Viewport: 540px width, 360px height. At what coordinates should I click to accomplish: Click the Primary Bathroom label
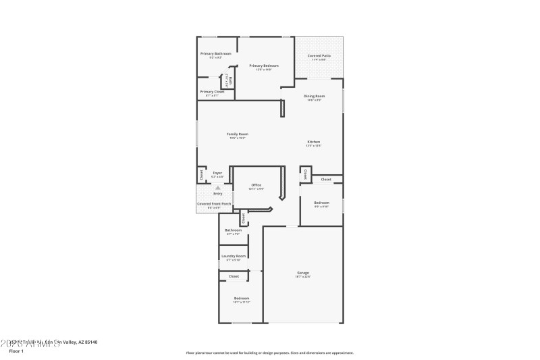215,53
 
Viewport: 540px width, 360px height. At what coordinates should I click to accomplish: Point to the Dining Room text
314,97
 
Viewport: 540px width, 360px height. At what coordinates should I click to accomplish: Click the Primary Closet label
211,92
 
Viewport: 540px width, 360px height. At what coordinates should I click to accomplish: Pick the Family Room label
237,134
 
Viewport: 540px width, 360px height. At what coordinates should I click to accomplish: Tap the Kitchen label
313,142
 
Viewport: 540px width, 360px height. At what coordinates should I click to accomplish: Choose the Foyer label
217,173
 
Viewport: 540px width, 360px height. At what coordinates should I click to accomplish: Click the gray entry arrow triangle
217,187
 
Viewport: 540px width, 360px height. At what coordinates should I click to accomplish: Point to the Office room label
256,185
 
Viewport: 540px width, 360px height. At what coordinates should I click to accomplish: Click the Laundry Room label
233,256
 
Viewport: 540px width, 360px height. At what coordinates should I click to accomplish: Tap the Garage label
303,273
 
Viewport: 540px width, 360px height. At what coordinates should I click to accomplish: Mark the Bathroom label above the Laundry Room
234,230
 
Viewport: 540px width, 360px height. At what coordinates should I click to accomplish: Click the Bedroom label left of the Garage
242,298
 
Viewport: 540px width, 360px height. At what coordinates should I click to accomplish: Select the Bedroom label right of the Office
321,203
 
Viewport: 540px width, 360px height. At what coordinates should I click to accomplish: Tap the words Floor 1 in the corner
16,351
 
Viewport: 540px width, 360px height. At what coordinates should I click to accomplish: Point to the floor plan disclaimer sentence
269,353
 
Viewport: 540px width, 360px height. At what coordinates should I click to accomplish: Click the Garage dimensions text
303,277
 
